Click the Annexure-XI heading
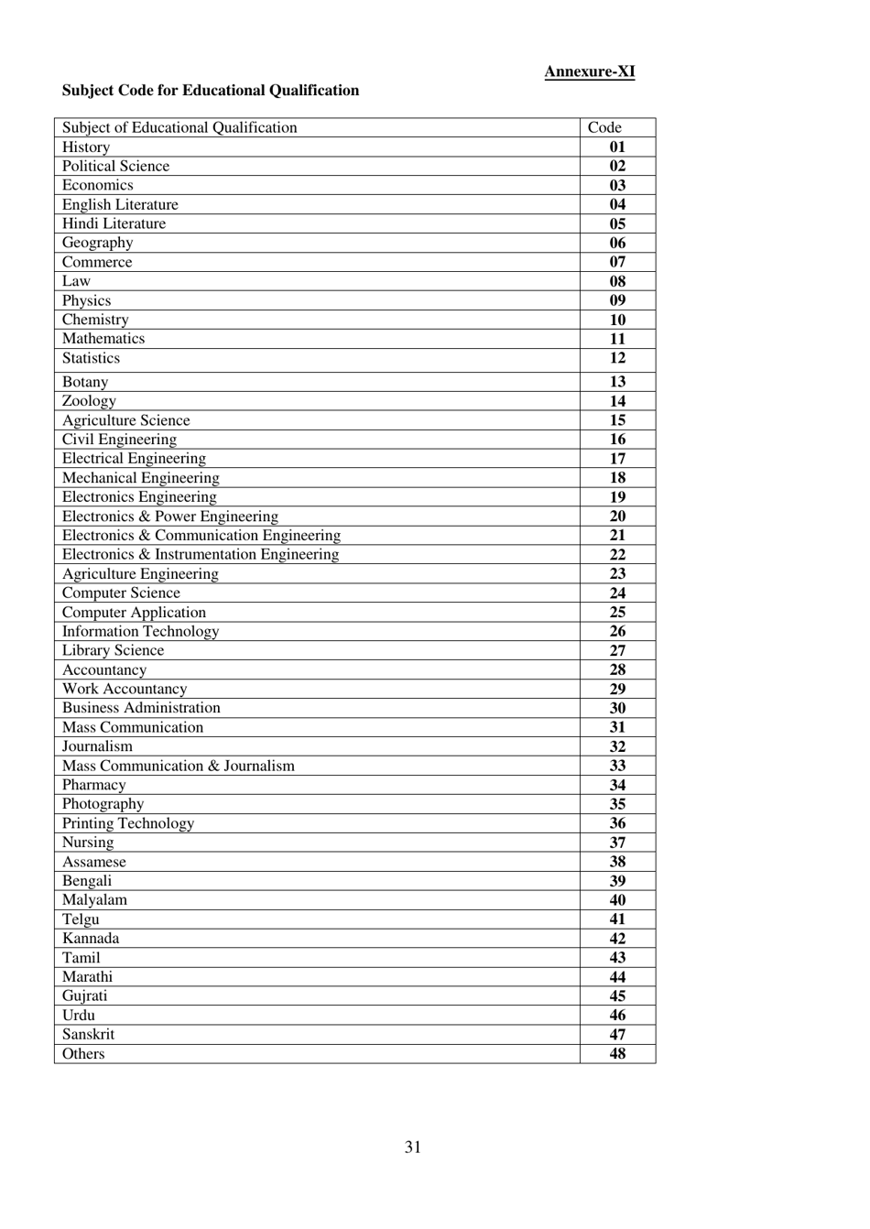click(x=589, y=71)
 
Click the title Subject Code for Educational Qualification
click(x=210, y=90)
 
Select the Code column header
click(x=604, y=127)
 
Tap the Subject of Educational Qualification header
click(x=179, y=127)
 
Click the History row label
click(x=86, y=147)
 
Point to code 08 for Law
click(x=617, y=281)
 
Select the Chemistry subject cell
click(x=95, y=320)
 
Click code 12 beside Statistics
click(x=617, y=358)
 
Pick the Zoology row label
click(x=89, y=401)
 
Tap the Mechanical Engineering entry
click(x=140, y=478)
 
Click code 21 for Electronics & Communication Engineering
click(x=617, y=536)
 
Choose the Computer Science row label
click(x=121, y=593)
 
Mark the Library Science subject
click(x=113, y=650)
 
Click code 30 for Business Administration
click(x=617, y=708)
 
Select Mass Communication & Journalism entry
click(x=179, y=766)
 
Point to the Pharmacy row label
click(x=93, y=785)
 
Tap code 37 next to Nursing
click(x=617, y=843)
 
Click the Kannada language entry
click(x=91, y=939)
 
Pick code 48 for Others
click(x=617, y=1054)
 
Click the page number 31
click(x=413, y=1147)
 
